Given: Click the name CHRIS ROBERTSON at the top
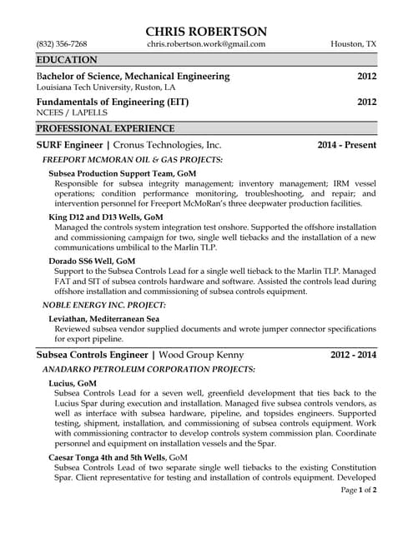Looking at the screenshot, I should (206, 30).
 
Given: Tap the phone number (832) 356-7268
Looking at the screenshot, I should (62, 44).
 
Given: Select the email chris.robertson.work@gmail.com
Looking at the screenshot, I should (206, 44).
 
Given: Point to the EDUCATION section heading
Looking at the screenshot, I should (67, 60).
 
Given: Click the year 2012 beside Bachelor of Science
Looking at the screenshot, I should (366, 77).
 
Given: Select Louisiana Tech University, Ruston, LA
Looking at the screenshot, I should (106, 87).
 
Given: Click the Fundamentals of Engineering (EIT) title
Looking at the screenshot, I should (113, 102).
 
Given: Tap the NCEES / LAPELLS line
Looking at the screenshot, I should (72, 112).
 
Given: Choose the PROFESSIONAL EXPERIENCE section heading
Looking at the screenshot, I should (105, 128).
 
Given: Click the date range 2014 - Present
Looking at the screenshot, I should (346, 145).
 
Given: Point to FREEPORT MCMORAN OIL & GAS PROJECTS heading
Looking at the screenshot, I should (132, 159).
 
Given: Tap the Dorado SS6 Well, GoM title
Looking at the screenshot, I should (92, 261).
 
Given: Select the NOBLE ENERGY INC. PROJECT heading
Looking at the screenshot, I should (103, 306).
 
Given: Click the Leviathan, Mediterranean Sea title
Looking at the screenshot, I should (103, 319).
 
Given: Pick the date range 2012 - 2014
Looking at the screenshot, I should (352, 355).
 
